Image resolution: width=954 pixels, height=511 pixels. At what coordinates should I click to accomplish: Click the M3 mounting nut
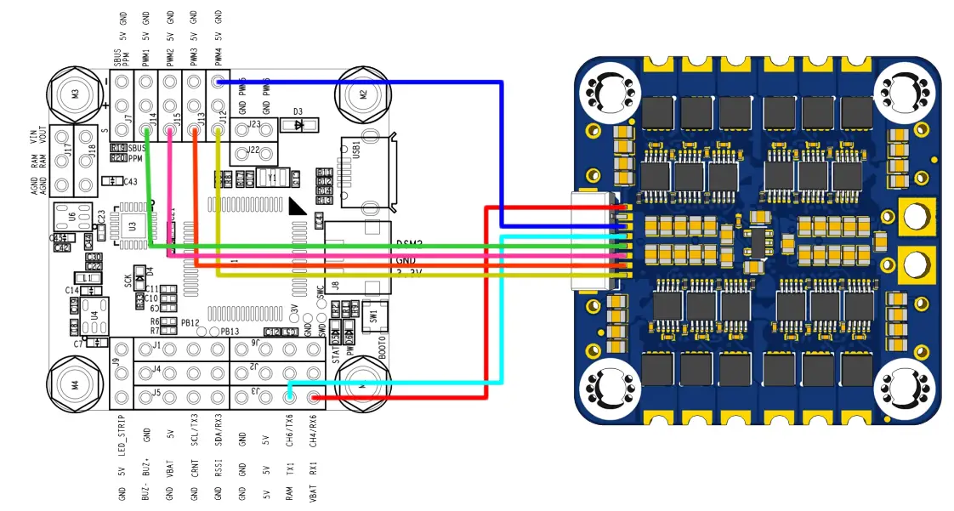(x=75, y=94)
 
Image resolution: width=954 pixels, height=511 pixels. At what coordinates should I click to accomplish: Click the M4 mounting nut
(x=75, y=384)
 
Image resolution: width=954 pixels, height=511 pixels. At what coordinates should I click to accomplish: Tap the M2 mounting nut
(x=363, y=94)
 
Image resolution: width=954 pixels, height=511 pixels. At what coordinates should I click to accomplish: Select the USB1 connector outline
(x=366, y=172)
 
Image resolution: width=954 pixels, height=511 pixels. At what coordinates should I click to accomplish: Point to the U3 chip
(x=133, y=225)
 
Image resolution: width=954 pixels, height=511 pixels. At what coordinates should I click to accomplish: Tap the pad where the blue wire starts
(x=219, y=82)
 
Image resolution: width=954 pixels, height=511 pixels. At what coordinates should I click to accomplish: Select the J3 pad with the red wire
(x=315, y=397)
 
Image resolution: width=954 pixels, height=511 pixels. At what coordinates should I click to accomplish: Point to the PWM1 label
(x=146, y=55)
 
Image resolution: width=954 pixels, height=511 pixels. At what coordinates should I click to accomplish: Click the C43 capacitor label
(x=129, y=181)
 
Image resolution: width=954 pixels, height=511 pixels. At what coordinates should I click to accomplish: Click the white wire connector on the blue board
(x=593, y=241)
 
